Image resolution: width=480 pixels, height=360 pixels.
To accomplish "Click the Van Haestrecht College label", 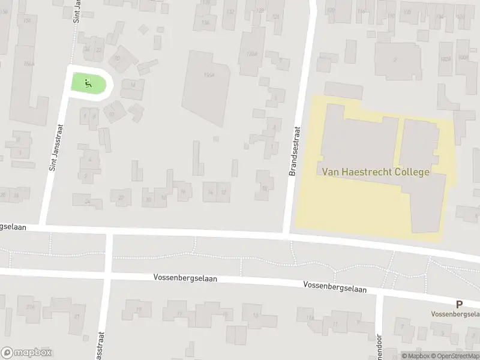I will click(376, 172).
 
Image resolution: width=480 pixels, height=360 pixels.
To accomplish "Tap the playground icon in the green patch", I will click(88, 83).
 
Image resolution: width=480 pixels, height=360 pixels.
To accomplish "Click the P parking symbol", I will click(459, 304).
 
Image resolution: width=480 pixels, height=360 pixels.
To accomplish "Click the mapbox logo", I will click(26, 353).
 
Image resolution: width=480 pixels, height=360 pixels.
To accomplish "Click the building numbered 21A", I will click(30, 307).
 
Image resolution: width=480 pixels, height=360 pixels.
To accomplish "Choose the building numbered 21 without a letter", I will click(76, 316).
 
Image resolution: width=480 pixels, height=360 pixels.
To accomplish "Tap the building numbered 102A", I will click(445, 58).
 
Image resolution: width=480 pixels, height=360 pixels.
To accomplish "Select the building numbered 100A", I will click(463, 58).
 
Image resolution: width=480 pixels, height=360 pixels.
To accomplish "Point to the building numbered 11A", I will click(310, 319).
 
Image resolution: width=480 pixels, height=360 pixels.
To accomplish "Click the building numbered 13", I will click(256, 315).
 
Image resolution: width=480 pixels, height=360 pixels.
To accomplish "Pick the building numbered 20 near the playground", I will click(118, 58).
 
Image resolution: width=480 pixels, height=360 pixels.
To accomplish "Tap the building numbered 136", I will click(205, 23).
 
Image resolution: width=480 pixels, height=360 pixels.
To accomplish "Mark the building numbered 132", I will click(229, 11).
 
